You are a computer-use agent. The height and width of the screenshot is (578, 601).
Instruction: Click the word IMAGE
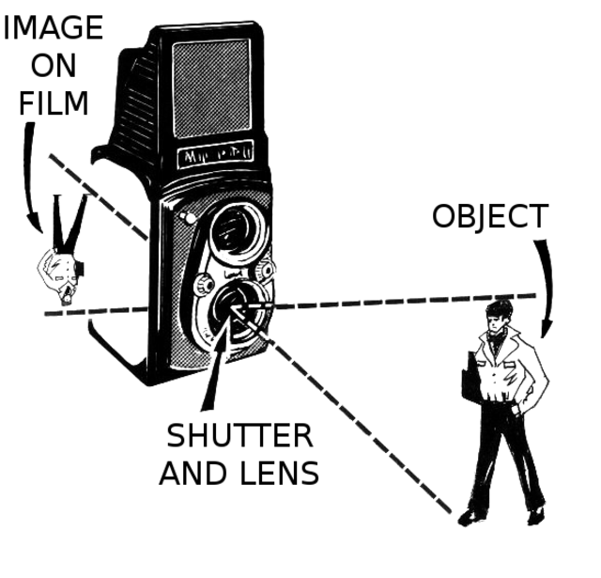(x=53, y=28)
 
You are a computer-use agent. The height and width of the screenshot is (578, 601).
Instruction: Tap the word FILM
(x=54, y=102)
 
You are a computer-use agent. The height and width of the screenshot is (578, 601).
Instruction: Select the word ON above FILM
(x=54, y=66)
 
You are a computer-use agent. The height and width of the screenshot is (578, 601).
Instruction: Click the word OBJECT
(x=488, y=217)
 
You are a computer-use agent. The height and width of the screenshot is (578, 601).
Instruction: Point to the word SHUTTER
(x=239, y=436)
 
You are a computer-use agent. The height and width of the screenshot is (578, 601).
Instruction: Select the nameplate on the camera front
(x=211, y=153)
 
